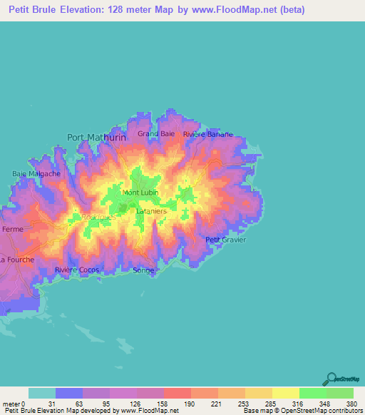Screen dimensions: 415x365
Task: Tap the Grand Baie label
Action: pos(157,133)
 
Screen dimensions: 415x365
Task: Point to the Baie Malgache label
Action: pos(36,173)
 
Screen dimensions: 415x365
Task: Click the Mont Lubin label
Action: pos(140,193)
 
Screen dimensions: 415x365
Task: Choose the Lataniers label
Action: pos(150,211)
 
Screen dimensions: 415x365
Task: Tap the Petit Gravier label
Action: pos(225,240)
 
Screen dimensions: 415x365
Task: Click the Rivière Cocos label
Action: pos(77,270)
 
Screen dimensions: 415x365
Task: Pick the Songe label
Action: pos(143,270)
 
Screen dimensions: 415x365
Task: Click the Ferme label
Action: pos(13,230)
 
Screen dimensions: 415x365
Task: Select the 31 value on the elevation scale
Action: pos(51,404)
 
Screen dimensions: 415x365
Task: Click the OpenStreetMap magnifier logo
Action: pos(330,379)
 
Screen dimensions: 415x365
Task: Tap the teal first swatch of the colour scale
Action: pos(42,393)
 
